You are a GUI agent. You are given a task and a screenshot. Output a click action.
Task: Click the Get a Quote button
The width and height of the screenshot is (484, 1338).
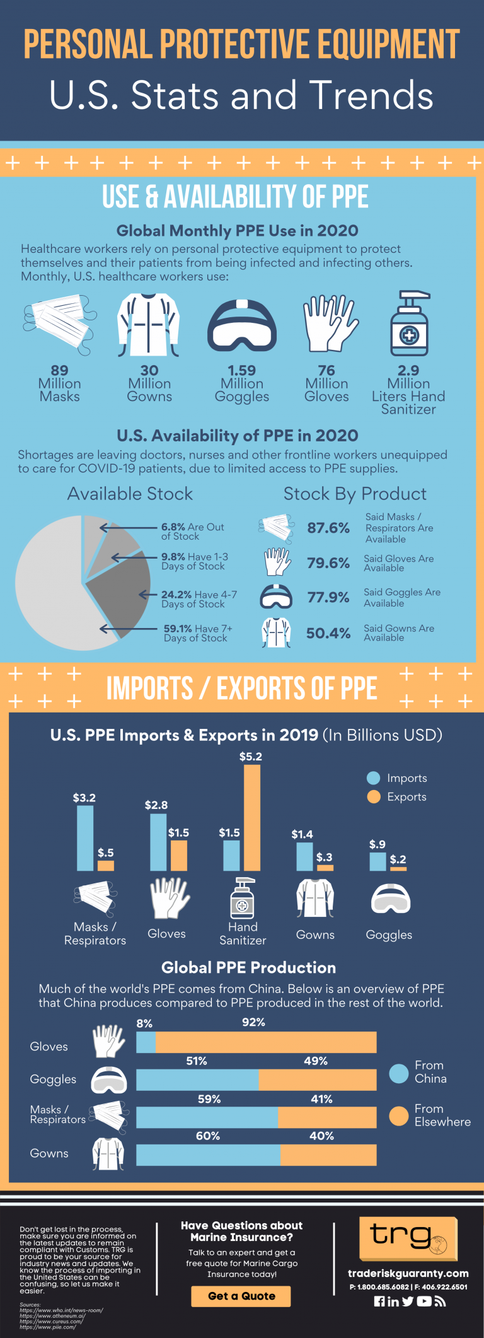241,1296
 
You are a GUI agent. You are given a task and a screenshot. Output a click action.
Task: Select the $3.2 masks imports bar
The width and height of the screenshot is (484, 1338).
85,838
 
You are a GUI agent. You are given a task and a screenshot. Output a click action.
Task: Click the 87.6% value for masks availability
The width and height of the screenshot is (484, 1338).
328,528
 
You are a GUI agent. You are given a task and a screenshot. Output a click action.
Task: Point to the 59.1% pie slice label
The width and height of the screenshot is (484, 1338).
197,633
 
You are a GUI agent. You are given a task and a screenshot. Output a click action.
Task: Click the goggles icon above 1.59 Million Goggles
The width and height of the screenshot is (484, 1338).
242,325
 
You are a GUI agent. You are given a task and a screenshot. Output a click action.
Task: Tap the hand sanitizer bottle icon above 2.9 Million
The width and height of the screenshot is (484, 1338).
409,323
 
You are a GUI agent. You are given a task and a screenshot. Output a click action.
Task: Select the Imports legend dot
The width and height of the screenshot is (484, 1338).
373,778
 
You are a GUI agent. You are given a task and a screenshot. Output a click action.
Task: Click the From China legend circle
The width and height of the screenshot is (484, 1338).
399,1073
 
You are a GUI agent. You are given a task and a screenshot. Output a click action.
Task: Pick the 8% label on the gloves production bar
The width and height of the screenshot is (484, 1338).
144,1023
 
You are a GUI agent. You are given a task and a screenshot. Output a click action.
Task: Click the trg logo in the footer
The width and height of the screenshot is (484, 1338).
408,1238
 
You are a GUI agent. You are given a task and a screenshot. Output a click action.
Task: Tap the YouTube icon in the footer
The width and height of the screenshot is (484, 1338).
424,1301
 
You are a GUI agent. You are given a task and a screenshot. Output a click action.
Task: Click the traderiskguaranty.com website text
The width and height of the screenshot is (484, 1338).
408,1273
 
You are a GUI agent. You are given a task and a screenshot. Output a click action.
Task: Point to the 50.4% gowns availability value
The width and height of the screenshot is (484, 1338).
328,633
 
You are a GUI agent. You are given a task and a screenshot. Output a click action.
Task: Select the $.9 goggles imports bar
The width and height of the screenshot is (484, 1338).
377,861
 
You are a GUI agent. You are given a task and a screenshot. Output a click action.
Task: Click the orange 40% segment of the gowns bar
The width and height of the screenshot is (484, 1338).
328,1155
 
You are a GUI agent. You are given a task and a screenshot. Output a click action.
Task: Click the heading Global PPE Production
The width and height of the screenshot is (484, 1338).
248,967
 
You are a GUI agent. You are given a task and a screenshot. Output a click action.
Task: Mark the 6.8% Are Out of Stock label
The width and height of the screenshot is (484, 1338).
192,532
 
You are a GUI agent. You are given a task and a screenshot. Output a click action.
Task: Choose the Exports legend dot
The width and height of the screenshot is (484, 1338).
373,797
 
